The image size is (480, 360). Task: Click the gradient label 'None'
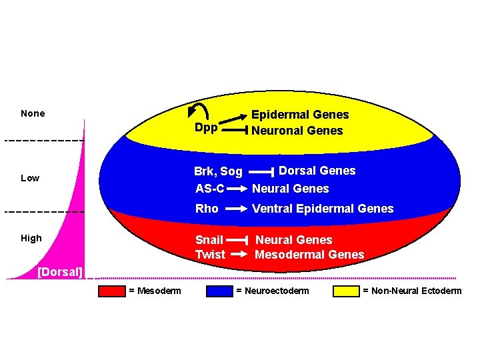33,113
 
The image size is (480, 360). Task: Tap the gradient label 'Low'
30,178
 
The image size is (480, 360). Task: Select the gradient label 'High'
31,238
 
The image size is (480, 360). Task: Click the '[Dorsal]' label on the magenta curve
60,272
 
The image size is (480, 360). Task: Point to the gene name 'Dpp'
206,128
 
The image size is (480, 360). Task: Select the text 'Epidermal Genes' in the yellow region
299,115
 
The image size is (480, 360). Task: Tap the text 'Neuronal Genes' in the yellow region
297,131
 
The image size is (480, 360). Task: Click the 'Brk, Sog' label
218,172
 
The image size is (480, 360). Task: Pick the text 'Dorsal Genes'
317,171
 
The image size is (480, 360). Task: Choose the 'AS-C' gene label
209,189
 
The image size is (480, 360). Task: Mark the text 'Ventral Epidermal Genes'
323,209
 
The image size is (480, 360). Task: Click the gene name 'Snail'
209,239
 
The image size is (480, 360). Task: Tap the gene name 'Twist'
210,255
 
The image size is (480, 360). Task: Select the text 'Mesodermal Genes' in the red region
309,255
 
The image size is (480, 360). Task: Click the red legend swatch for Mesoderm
111,291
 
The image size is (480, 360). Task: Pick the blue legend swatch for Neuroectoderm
219,291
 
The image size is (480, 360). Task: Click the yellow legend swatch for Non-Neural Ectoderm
346,291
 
